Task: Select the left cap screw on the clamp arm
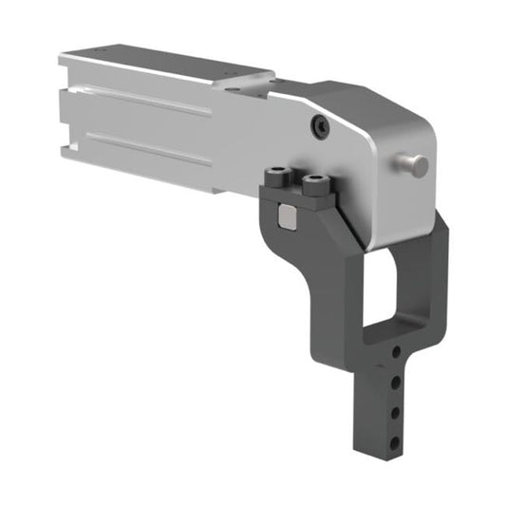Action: click(x=278, y=177)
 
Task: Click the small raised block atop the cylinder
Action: click(x=249, y=81)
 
